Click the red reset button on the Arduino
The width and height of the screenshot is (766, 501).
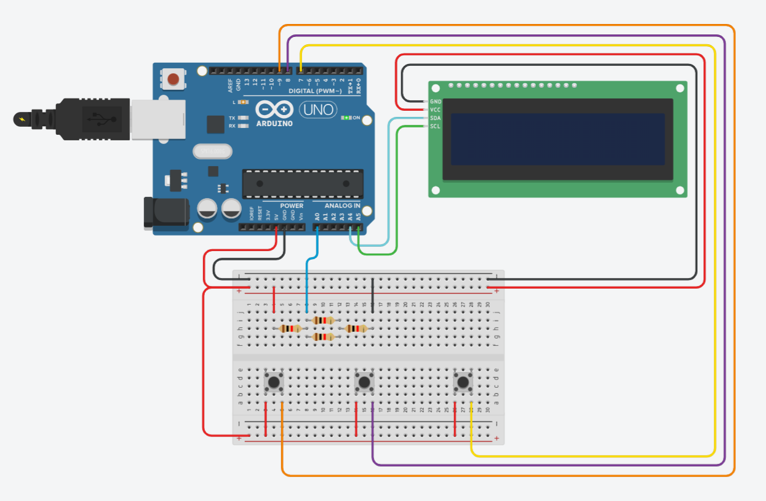click(174, 79)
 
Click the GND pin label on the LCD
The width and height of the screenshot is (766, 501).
click(436, 101)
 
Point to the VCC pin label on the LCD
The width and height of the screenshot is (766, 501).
click(436, 110)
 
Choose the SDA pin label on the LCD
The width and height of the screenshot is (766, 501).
click(436, 118)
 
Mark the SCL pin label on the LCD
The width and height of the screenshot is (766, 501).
click(436, 126)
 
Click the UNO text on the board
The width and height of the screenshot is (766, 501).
click(317, 110)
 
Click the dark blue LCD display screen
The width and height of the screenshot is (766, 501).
click(557, 139)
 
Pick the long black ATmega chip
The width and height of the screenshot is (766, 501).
click(301, 183)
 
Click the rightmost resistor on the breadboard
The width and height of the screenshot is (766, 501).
click(357, 329)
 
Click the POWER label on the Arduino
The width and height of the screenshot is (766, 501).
click(292, 206)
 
